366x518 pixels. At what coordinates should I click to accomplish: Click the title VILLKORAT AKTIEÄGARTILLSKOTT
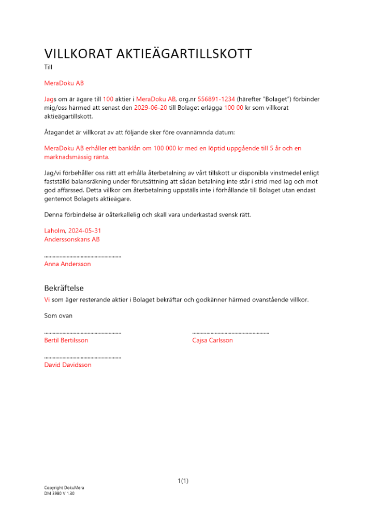[148, 53]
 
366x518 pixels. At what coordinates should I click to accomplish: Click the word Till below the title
[49, 67]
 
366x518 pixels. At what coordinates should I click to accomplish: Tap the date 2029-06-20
[151, 108]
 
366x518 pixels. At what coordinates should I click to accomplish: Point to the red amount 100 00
[233, 108]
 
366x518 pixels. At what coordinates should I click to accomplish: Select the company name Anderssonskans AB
[72, 239]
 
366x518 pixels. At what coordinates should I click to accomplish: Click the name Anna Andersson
[67, 264]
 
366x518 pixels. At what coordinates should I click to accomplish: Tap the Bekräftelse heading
[64, 288]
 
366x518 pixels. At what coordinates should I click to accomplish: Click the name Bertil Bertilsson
[66, 340]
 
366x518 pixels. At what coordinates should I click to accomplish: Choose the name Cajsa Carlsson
[212, 340]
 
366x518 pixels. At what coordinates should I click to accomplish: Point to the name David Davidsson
[68, 365]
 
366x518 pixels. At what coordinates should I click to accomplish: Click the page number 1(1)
[183, 481]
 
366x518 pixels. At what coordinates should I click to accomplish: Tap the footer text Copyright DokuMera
[64, 488]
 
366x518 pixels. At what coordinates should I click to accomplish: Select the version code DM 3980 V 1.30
[60, 494]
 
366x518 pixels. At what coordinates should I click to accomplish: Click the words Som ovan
[58, 315]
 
